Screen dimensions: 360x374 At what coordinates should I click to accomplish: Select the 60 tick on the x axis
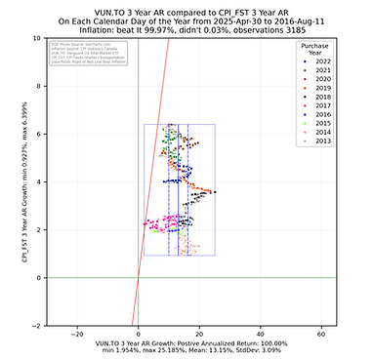[321, 334]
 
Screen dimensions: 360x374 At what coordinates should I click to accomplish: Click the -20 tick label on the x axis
[77, 334]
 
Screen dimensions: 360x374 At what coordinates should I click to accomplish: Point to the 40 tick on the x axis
[261, 334]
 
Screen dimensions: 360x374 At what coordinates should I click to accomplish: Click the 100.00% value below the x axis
[273, 343]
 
